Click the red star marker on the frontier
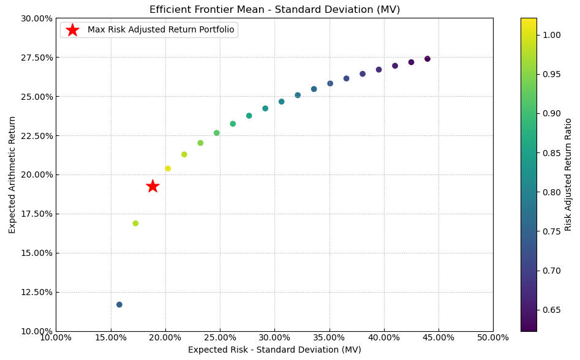pyautogui.click(x=153, y=186)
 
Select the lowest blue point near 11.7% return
pyautogui.click(x=119, y=305)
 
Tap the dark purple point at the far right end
pyautogui.click(x=427, y=59)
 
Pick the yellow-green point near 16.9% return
pyautogui.click(x=135, y=223)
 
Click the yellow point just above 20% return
pyautogui.click(x=168, y=168)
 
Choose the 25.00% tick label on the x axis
pyautogui.click(x=220, y=338)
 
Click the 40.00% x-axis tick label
pyautogui.click(x=384, y=338)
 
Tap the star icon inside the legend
pyautogui.click(x=72, y=30)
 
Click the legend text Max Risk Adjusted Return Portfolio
pyautogui.click(x=160, y=30)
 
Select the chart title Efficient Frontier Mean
pyautogui.click(x=274, y=9)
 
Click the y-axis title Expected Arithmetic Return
pyautogui.click(x=13, y=174)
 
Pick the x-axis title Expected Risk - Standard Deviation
pyautogui.click(x=274, y=350)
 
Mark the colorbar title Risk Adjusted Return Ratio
pyautogui.click(x=568, y=174)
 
